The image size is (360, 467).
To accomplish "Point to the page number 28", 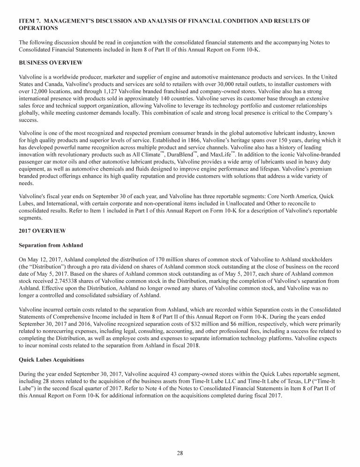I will pyautogui.click(x=180, y=452).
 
